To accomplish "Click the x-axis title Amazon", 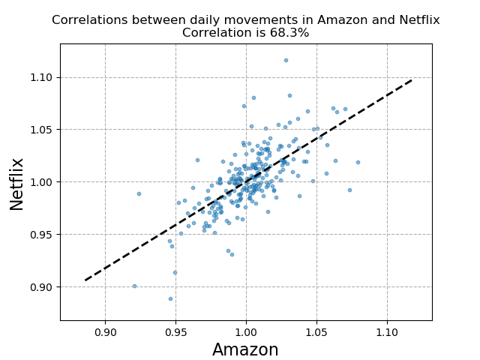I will click(x=245, y=350).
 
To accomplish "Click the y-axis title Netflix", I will click(x=17, y=184).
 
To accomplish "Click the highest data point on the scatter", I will click(x=286, y=60).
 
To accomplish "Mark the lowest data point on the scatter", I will click(x=170, y=298).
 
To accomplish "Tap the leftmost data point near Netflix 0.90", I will click(x=134, y=286).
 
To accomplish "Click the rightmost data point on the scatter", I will click(x=358, y=162).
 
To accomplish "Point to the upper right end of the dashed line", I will click(x=412, y=79).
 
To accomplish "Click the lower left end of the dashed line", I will click(x=85, y=280).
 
